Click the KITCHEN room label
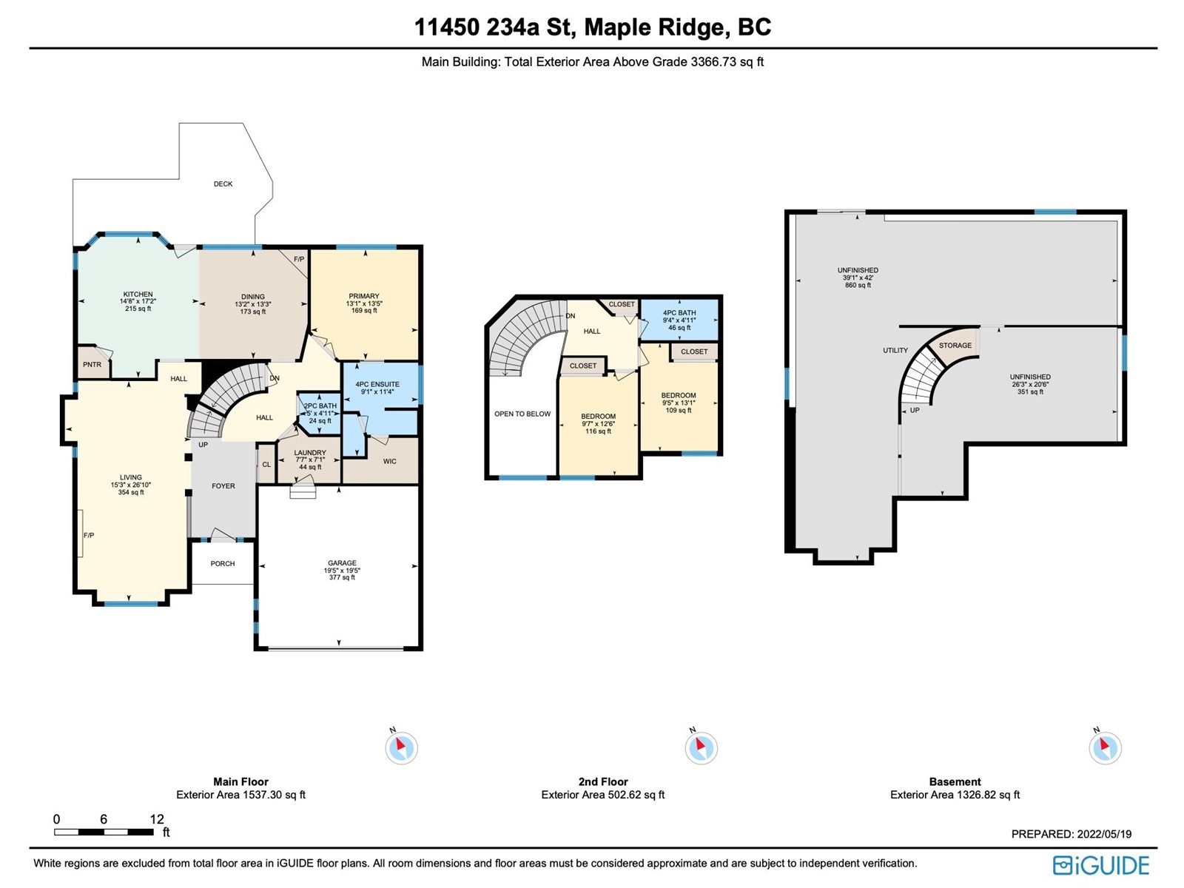tap(138, 295)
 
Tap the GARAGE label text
tap(342, 563)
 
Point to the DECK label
tap(223, 184)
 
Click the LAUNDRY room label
tap(310, 453)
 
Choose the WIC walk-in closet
tap(389, 462)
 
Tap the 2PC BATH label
tap(320, 406)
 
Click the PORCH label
tap(223, 564)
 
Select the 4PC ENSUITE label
tap(377, 384)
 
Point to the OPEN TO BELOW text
tap(522, 414)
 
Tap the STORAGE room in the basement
tap(955, 346)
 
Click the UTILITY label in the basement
tap(895, 351)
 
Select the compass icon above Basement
tap(1106, 748)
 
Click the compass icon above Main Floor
tap(401, 748)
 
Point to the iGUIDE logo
tap(1101, 865)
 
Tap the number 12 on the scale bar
tap(156, 819)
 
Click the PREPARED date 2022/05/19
tap(1105, 834)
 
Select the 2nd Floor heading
tap(603, 781)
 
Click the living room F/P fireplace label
tap(89, 535)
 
